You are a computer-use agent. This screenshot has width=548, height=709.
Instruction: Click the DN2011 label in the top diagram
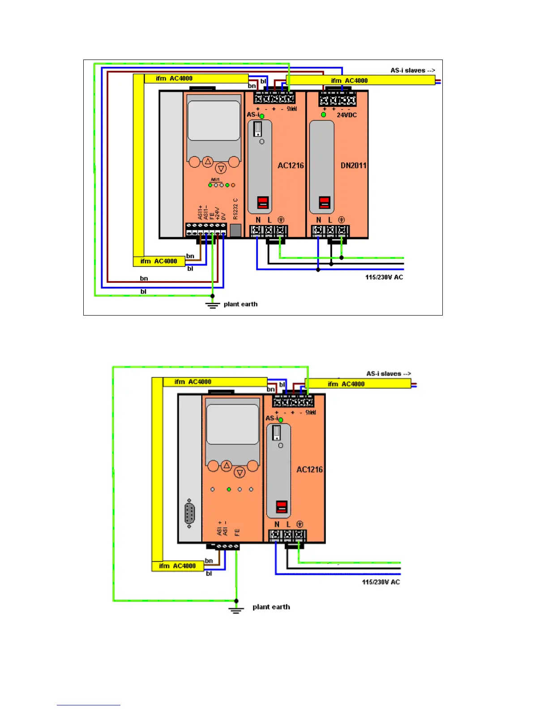[x=353, y=166]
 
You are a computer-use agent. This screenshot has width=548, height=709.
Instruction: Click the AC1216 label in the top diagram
[x=291, y=166]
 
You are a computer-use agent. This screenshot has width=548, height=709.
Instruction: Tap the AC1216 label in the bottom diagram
[x=309, y=470]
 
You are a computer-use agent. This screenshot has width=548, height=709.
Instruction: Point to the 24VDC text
[x=347, y=115]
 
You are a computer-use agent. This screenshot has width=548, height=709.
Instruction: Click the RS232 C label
[x=235, y=209]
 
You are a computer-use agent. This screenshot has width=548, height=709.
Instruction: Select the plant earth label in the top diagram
[x=240, y=304]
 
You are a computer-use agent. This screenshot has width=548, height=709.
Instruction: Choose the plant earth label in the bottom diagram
[x=271, y=607]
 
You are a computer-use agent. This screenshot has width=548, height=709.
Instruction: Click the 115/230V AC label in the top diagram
[x=384, y=278]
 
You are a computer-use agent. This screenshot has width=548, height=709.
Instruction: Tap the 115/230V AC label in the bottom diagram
[x=381, y=582]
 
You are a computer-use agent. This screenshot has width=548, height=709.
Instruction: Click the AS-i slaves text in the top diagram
[x=412, y=70]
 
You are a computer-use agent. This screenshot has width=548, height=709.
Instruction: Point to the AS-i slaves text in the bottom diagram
[x=388, y=374]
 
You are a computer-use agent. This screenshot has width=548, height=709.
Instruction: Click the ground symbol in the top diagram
[x=213, y=305]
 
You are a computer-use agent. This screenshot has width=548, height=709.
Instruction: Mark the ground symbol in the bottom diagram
[x=236, y=609]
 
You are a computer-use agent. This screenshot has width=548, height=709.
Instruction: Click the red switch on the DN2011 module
[x=325, y=202]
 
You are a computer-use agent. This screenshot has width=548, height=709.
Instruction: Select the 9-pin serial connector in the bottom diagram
[x=189, y=513]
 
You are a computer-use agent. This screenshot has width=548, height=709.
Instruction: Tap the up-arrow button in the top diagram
[x=207, y=162]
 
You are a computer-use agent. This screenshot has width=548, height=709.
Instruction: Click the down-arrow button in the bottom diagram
[x=240, y=473]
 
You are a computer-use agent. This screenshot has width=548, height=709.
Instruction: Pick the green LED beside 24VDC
[x=323, y=115]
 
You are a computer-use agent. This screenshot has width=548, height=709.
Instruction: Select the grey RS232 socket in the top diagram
[x=235, y=230]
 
